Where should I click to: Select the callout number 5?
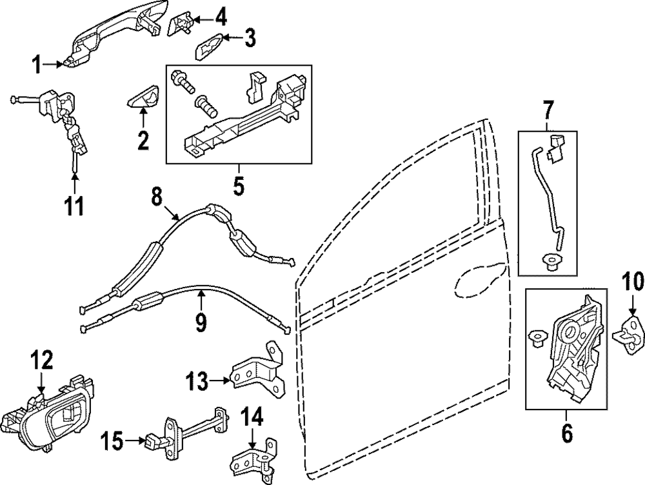tap(238, 187)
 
